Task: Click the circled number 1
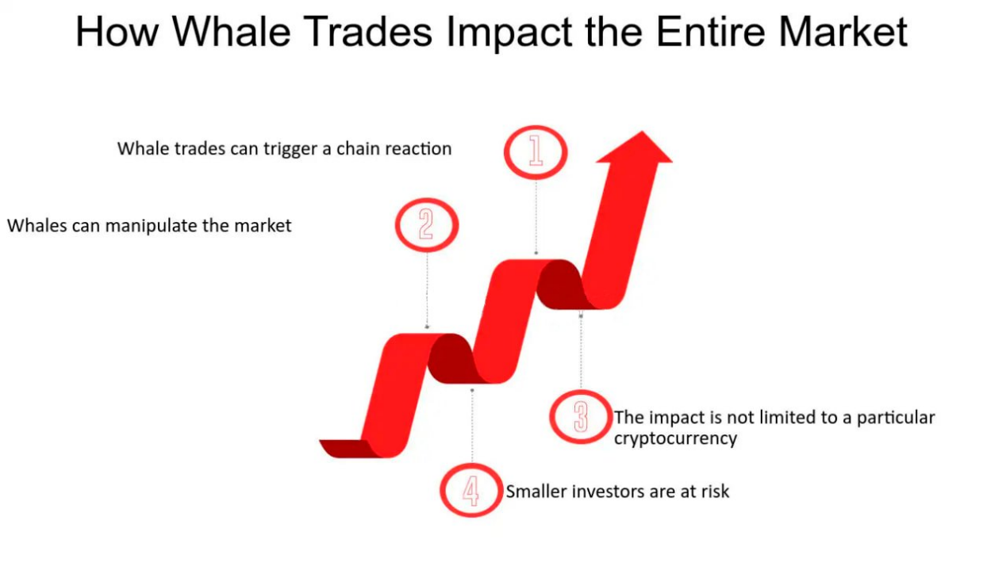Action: pyautogui.click(x=536, y=152)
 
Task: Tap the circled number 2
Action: pyautogui.click(x=427, y=224)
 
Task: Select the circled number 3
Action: pyautogui.click(x=581, y=417)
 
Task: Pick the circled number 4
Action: pyautogui.click(x=471, y=490)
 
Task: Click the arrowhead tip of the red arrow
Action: pyautogui.click(x=642, y=132)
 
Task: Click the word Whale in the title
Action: pyautogui.click(x=232, y=32)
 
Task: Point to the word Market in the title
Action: pyautogui.click(x=843, y=32)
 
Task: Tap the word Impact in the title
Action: pyautogui.click(x=509, y=32)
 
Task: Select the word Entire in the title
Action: pyautogui.click(x=711, y=32)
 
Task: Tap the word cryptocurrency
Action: pyautogui.click(x=675, y=438)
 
